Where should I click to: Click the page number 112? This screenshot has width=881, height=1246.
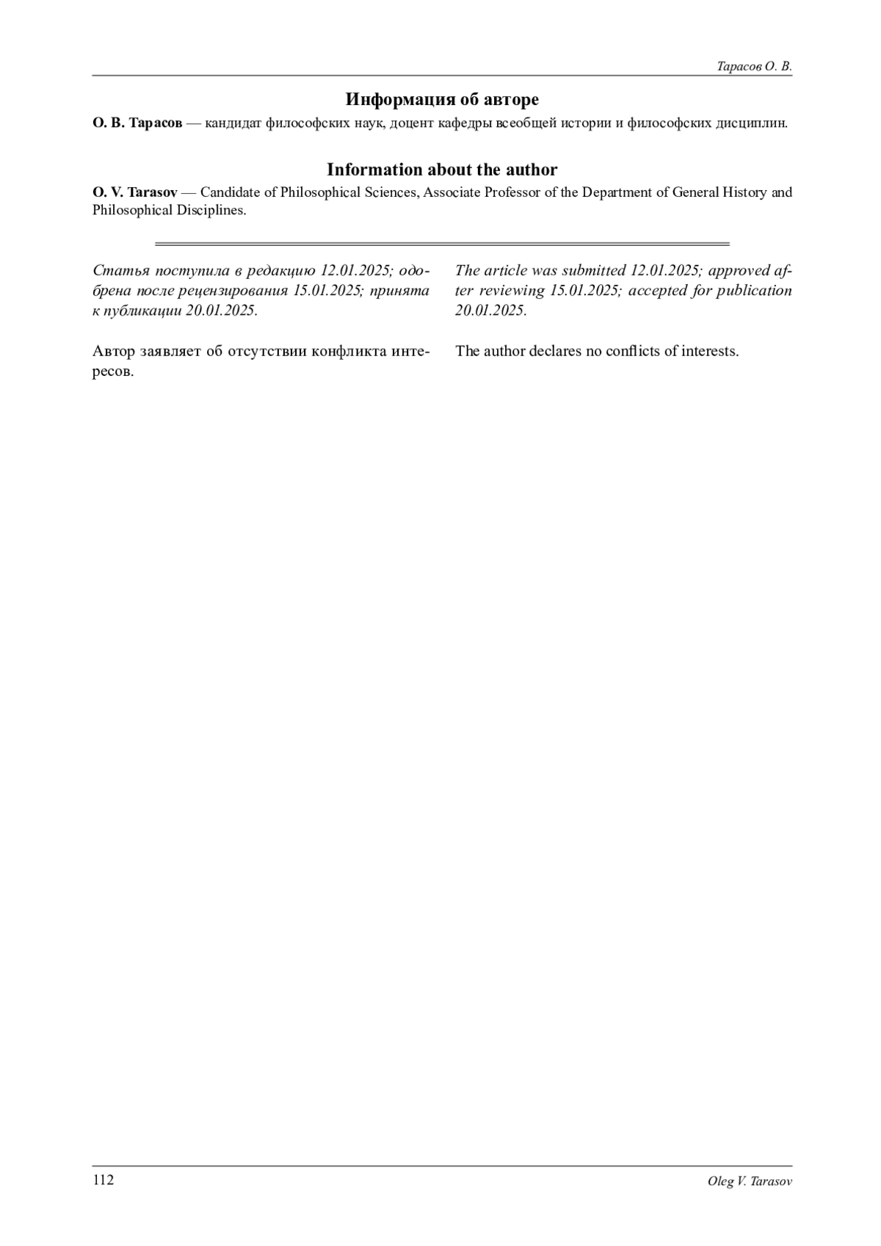pyautogui.click(x=103, y=1180)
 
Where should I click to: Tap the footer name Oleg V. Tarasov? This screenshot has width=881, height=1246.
pyautogui.click(x=750, y=1181)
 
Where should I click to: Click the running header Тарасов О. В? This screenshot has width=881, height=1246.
pyautogui.click(x=754, y=67)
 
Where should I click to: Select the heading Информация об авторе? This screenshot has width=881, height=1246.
pyautogui.click(x=442, y=99)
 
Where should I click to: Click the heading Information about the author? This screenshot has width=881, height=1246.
pyautogui.click(x=442, y=170)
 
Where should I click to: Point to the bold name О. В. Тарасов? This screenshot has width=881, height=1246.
pyautogui.click(x=137, y=123)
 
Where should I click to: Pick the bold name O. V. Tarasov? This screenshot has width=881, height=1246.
pyautogui.click(x=134, y=192)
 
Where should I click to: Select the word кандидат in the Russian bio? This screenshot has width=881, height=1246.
pyautogui.click(x=233, y=123)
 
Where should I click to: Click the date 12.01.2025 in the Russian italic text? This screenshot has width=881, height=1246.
pyautogui.click(x=355, y=270)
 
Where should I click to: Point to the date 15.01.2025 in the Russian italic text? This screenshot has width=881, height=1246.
pyautogui.click(x=327, y=290)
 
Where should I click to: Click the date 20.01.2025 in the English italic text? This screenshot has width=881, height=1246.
pyautogui.click(x=490, y=310)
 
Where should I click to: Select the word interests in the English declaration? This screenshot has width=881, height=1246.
pyautogui.click(x=709, y=351)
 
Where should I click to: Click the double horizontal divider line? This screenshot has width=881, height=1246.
pyautogui.click(x=442, y=244)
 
